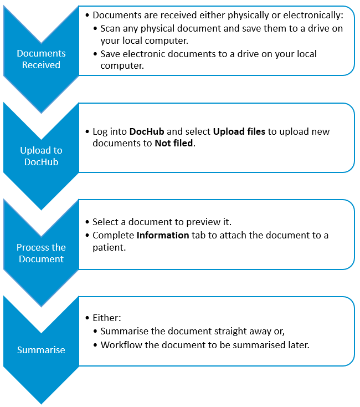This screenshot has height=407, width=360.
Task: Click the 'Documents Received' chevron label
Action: (x=41, y=59)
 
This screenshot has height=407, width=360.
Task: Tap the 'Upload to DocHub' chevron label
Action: (x=41, y=156)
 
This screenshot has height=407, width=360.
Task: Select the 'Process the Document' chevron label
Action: (x=41, y=253)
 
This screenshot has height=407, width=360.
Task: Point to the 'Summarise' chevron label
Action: (x=41, y=350)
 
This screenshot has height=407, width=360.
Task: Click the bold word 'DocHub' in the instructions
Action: (x=147, y=131)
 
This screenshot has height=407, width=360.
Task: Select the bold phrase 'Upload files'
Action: (x=239, y=131)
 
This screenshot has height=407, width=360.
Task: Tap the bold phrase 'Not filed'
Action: (x=174, y=143)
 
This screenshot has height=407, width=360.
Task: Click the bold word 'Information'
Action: (x=163, y=235)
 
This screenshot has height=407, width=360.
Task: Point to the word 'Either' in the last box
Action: (x=106, y=318)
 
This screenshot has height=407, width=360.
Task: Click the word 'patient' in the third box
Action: (x=109, y=247)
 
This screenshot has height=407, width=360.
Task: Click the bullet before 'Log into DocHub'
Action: (x=88, y=131)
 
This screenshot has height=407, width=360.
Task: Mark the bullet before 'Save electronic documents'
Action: (x=95, y=54)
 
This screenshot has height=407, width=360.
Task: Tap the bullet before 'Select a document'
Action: (x=88, y=222)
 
